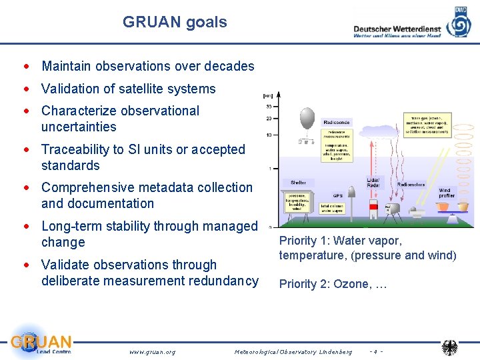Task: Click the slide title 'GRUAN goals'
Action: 175,22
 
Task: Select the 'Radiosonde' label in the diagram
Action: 336,123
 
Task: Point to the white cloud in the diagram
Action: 373,132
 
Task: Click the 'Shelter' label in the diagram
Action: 297,183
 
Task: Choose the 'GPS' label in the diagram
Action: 338,196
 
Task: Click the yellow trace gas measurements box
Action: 427,125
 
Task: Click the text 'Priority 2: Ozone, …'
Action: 333,284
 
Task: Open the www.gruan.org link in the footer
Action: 152,351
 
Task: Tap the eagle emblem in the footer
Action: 450,348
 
